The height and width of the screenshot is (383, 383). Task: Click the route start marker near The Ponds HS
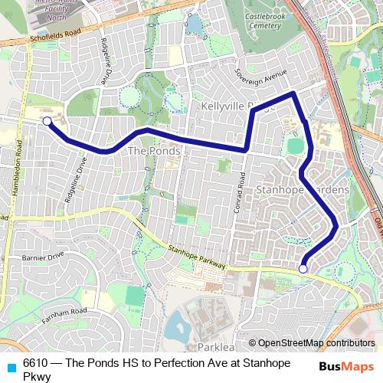(x=47, y=121)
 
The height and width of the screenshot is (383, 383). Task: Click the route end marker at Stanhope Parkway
(x=303, y=269)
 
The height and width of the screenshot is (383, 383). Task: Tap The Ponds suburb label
(x=154, y=151)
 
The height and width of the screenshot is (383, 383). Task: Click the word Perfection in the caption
(x=184, y=363)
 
